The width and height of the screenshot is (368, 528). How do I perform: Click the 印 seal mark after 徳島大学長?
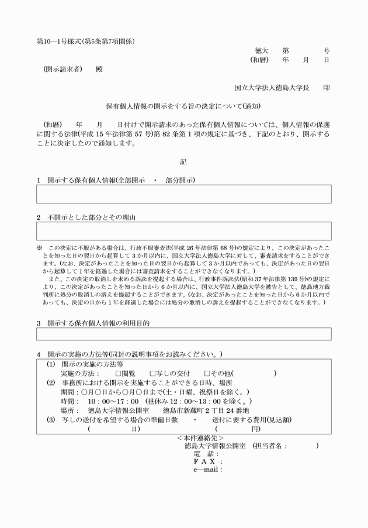(326, 88)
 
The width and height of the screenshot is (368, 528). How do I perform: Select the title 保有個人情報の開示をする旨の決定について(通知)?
(183, 107)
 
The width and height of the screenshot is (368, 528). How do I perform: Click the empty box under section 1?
(183, 194)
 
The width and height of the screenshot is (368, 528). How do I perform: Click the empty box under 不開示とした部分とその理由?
(183, 231)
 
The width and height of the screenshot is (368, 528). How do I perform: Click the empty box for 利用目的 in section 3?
(183, 334)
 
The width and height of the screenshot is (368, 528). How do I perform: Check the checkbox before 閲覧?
(118, 373)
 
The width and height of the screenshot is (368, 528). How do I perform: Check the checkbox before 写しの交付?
(153, 373)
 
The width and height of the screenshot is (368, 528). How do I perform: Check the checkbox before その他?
(207, 373)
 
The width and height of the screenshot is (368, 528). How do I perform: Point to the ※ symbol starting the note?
(39, 247)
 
